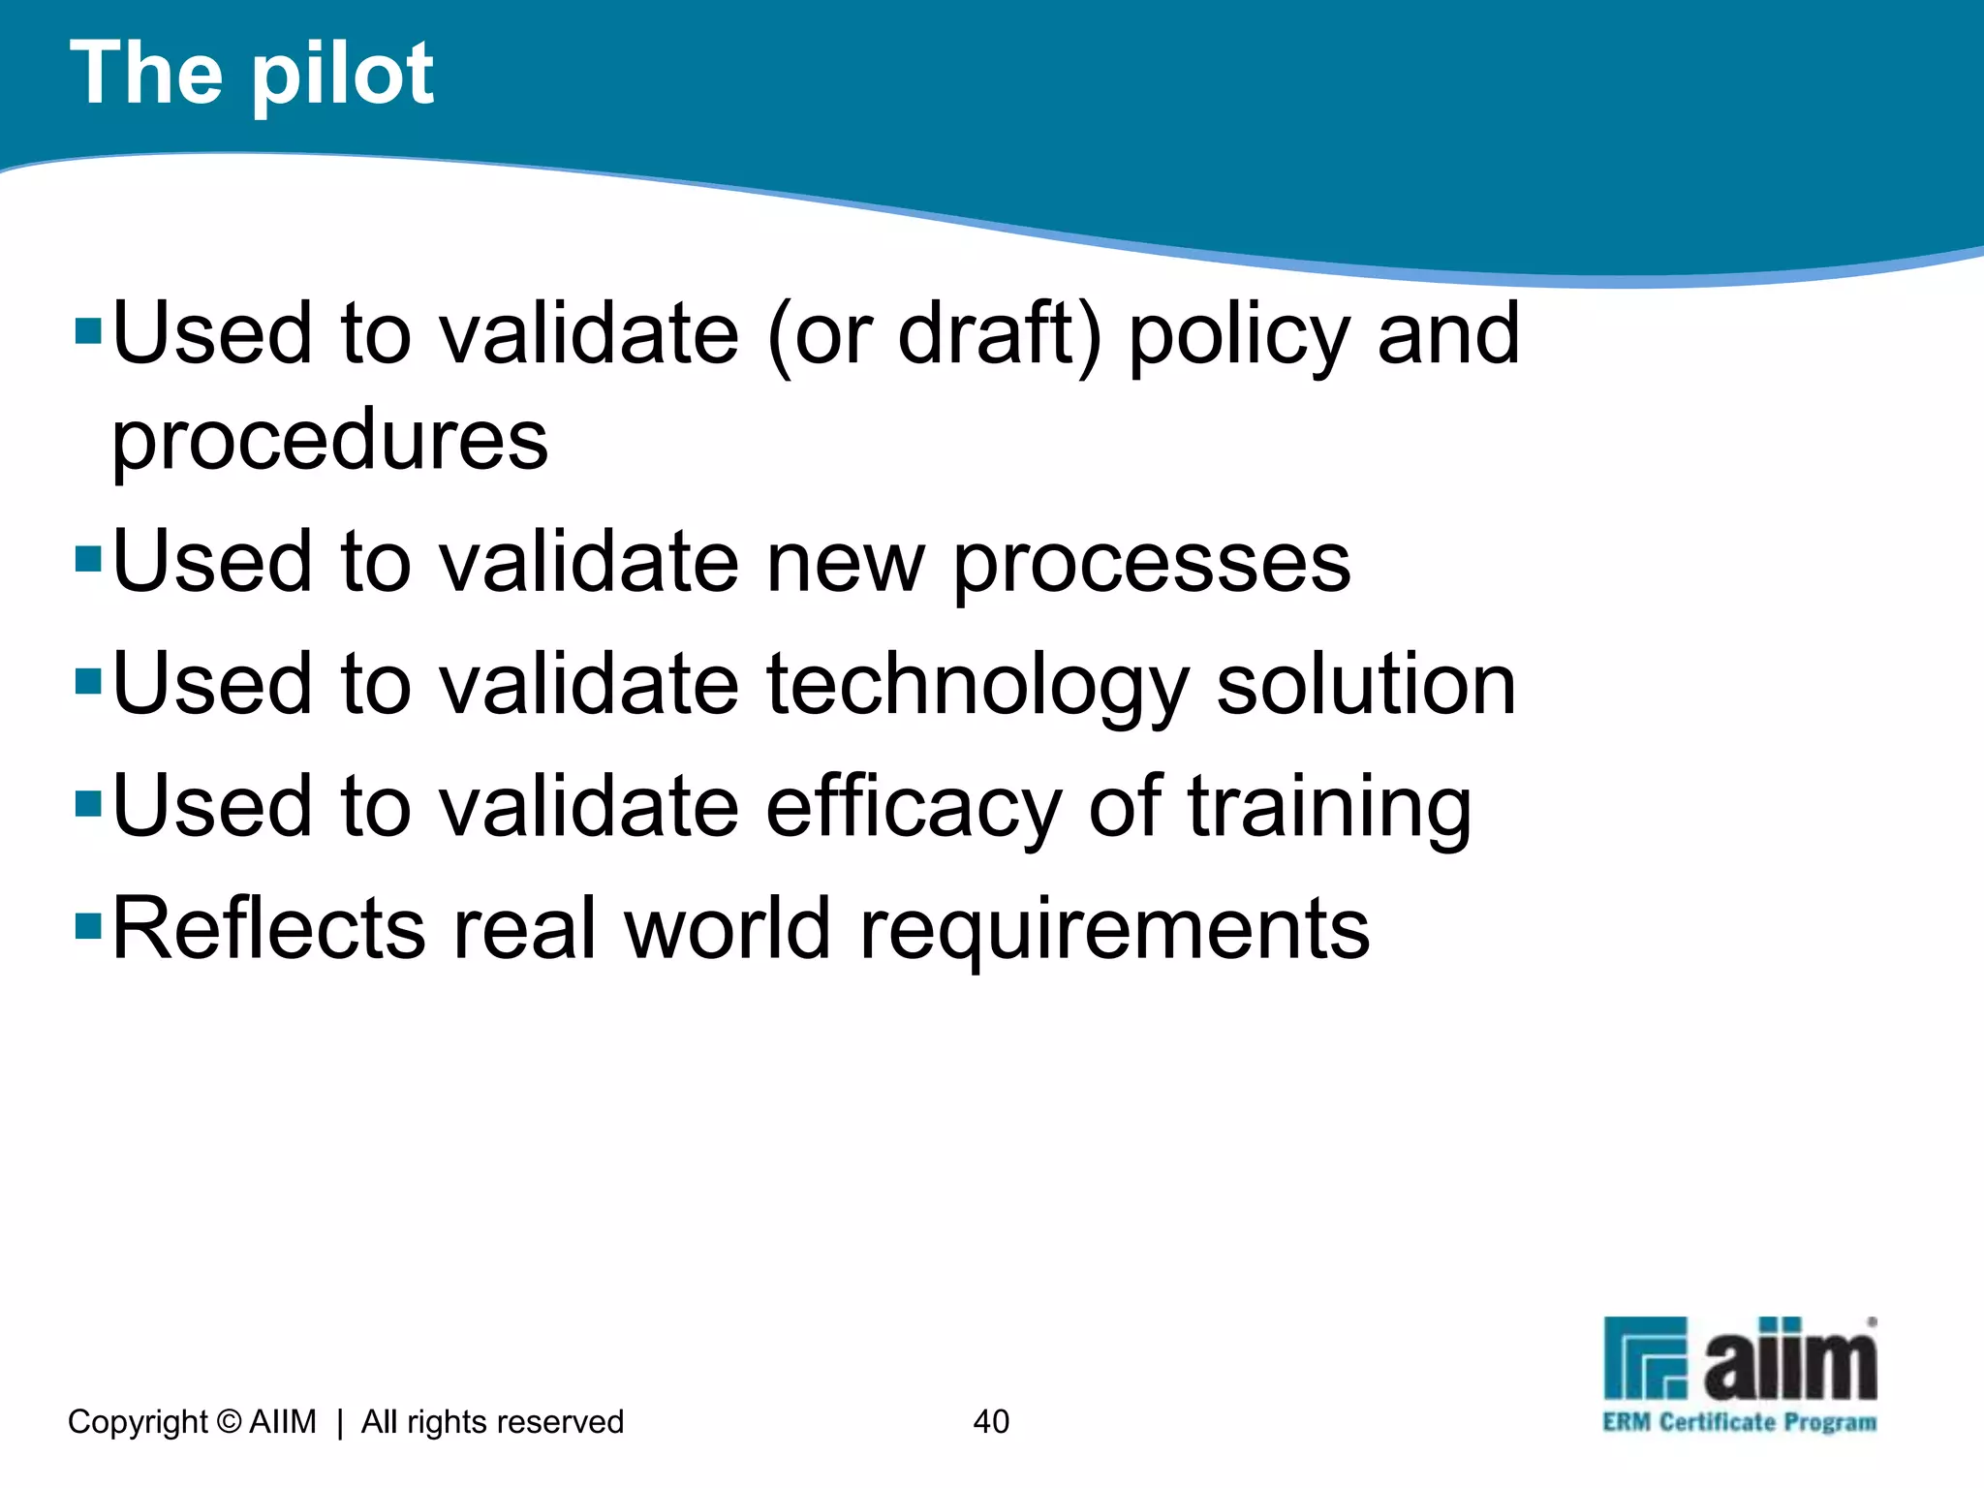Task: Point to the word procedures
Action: click(x=330, y=441)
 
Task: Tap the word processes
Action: click(x=1152, y=564)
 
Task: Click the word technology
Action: click(x=976, y=686)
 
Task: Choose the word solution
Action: click(x=1366, y=684)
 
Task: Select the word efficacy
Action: click(x=914, y=806)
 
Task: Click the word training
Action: click(x=1329, y=808)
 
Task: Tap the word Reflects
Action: click(x=268, y=928)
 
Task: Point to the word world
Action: click(x=728, y=928)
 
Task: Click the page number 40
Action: click(x=991, y=1421)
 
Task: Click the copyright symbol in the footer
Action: click(x=229, y=1421)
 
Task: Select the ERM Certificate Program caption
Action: click(x=1739, y=1422)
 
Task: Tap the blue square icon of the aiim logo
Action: click(x=1645, y=1358)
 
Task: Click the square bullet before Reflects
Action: click(x=88, y=927)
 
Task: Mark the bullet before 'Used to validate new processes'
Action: click(x=88, y=560)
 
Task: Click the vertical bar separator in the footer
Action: click(x=339, y=1422)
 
